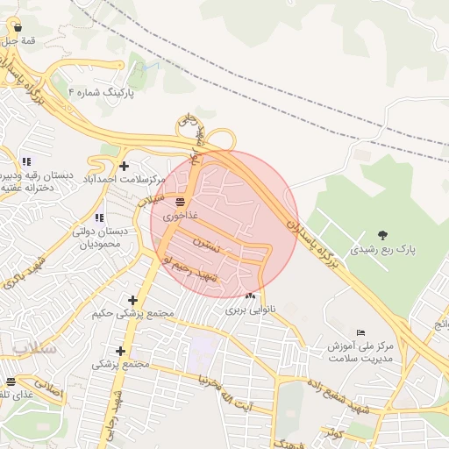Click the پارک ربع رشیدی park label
[x=383, y=249]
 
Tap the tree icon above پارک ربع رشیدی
[x=382, y=234]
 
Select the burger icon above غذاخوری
[x=180, y=201]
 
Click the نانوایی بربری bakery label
[x=253, y=310]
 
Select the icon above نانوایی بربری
[x=252, y=296]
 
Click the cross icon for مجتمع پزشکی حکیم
[x=132, y=300]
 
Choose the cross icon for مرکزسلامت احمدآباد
[x=125, y=165]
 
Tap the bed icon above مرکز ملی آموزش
[x=361, y=332]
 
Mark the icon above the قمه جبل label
[x=17, y=27]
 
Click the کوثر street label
[x=331, y=433]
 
